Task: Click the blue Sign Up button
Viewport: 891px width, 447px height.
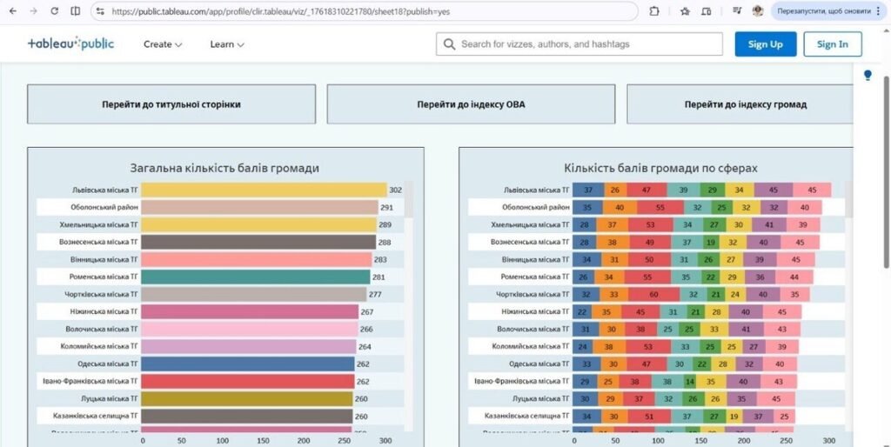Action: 765,44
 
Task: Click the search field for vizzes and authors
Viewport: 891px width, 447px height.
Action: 579,44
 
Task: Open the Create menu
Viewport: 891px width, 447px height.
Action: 163,44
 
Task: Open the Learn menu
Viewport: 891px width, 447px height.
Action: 227,44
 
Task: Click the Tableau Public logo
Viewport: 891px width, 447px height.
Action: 70,43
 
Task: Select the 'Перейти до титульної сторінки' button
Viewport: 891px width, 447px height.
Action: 171,104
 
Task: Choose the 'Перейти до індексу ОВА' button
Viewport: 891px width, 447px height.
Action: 471,104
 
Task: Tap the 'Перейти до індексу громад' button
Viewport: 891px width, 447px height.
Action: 745,104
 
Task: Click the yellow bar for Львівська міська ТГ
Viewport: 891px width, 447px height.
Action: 264,190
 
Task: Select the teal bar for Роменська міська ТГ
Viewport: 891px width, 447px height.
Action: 256,277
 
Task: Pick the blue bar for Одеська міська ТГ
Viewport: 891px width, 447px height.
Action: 247,364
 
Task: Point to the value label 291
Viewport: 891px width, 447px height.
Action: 386,208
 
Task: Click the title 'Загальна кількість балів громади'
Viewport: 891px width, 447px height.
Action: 224,168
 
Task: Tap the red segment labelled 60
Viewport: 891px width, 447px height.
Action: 653,294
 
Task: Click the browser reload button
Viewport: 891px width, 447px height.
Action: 54,11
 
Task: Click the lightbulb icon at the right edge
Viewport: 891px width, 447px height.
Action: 868,76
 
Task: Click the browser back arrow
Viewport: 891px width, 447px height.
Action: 12,11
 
